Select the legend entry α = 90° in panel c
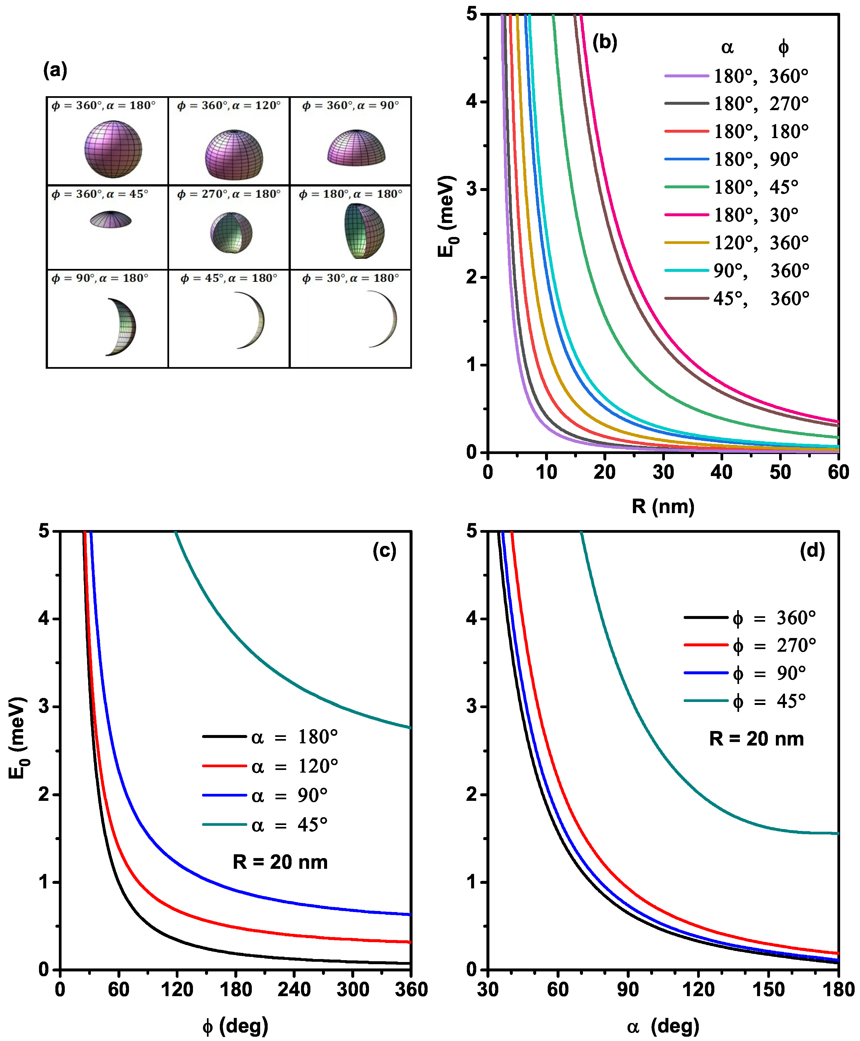pyautogui.click(x=265, y=795)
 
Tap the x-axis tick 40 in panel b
pyautogui.click(x=721, y=472)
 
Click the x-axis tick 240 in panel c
pyautogui.click(x=294, y=989)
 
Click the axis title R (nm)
pyautogui.click(x=663, y=506)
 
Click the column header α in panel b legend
pyautogui.click(x=727, y=48)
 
